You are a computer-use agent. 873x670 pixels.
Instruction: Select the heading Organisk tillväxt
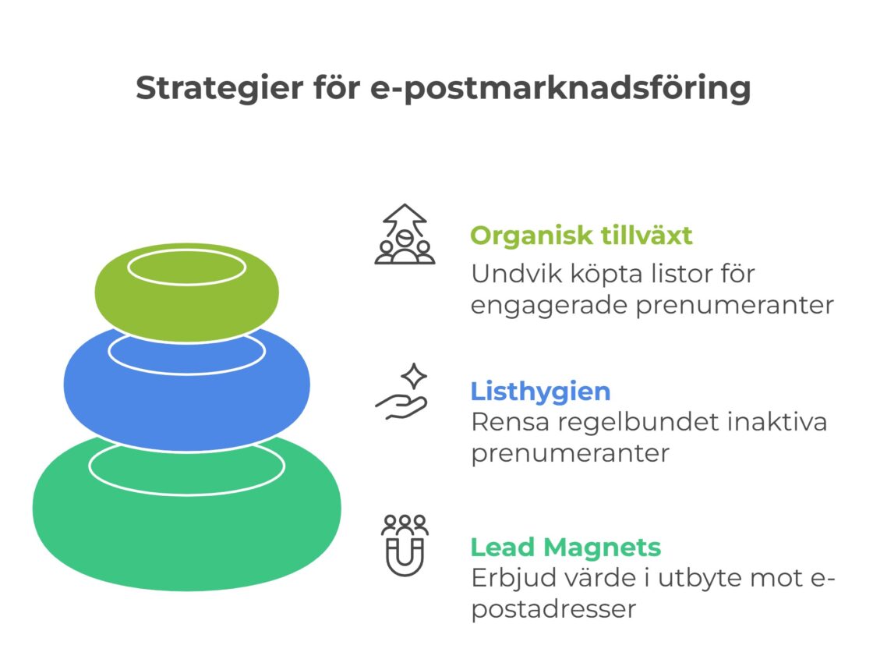coord(581,236)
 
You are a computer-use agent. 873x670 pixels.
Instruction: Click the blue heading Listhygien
coord(540,391)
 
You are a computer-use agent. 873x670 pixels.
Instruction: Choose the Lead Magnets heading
coord(565,547)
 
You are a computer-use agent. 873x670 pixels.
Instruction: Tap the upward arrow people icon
coord(405,234)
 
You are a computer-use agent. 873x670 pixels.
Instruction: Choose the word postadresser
coord(553,608)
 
